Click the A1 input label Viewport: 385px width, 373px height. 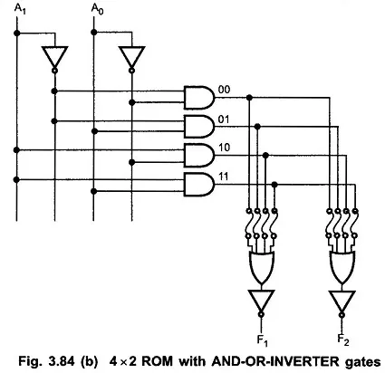[20, 9]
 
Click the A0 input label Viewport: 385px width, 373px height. [97, 9]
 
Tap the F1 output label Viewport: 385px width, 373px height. [262, 341]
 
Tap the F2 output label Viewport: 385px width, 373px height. [343, 340]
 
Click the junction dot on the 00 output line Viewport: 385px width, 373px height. [249, 98]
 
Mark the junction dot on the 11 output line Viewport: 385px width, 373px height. [274, 185]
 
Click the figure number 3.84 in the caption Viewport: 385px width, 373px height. [61, 361]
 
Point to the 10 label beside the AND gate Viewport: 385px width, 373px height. [224, 148]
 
